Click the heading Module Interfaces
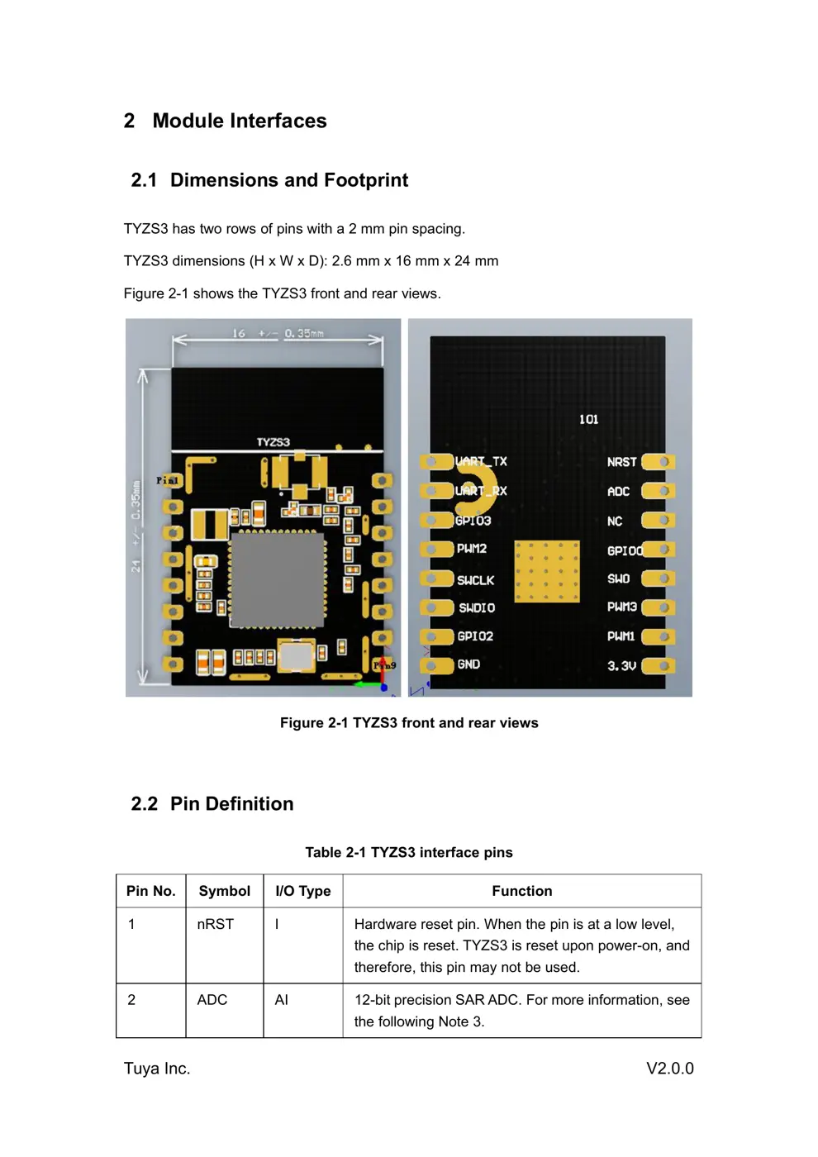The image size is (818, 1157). [x=239, y=121]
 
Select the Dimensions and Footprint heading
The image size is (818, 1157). [x=288, y=180]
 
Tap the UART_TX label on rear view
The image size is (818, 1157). [x=481, y=461]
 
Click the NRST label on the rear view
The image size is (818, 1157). [x=621, y=462]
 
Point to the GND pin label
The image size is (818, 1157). [x=468, y=664]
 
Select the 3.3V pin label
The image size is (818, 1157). [x=621, y=665]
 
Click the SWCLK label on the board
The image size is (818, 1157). [x=475, y=580]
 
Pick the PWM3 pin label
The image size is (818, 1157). [x=621, y=607]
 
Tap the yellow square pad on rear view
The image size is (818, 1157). [x=546, y=571]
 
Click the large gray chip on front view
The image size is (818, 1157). [x=277, y=579]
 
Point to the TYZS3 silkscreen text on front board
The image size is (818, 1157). [x=273, y=442]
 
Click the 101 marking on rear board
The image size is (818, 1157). [x=588, y=420]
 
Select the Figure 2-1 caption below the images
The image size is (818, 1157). [x=409, y=723]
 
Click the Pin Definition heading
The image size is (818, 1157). [x=231, y=804]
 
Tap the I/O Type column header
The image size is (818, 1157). [x=302, y=891]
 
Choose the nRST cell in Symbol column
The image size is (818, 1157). [x=215, y=924]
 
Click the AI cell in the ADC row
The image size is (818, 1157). [x=281, y=1000]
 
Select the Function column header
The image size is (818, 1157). [x=521, y=891]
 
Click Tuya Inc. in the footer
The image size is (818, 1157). [x=157, y=1069]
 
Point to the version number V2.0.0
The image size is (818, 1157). [x=669, y=1069]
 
